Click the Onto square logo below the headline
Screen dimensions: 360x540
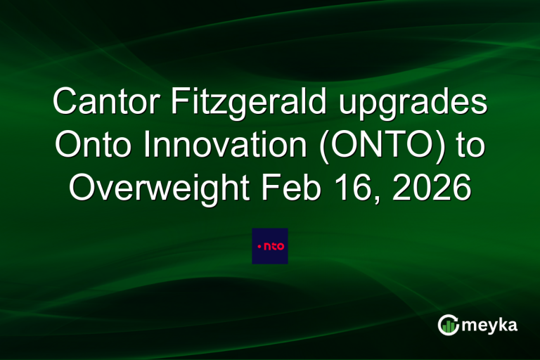(270, 246)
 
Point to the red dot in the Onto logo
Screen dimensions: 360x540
(259, 247)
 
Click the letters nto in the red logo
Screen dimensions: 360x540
(273, 247)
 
